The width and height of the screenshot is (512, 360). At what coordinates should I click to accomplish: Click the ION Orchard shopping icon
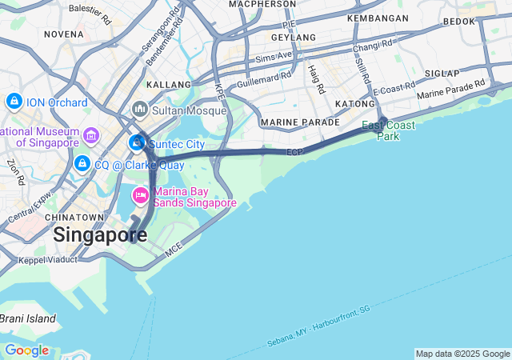pyautogui.click(x=14, y=102)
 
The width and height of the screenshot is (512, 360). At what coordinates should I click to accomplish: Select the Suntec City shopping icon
pyautogui.click(x=138, y=143)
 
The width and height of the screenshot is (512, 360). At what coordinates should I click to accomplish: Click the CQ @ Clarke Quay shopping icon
pyautogui.click(x=82, y=164)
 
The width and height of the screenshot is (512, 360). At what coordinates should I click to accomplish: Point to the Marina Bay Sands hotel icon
pyautogui.click(x=141, y=195)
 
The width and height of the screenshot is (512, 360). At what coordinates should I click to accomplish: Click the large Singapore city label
pyautogui.click(x=100, y=235)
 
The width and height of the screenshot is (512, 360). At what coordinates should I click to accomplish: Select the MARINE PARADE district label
pyautogui.click(x=300, y=122)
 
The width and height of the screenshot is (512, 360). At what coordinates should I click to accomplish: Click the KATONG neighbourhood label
pyautogui.click(x=354, y=104)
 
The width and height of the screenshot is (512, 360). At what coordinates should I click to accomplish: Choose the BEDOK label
pyautogui.click(x=458, y=22)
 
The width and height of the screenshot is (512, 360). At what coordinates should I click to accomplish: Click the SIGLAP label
pyautogui.click(x=442, y=74)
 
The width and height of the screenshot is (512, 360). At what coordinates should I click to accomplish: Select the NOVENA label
pyautogui.click(x=64, y=34)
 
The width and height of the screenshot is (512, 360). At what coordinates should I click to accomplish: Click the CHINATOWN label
pyautogui.click(x=75, y=218)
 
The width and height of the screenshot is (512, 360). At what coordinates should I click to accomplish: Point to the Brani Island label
pyautogui.click(x=27, y=318)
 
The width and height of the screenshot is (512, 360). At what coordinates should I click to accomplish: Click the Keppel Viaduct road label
pyautogui.click(x=48, y=260)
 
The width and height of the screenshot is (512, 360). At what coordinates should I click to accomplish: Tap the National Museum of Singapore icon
pyautogui.click(x=90, y=136)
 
